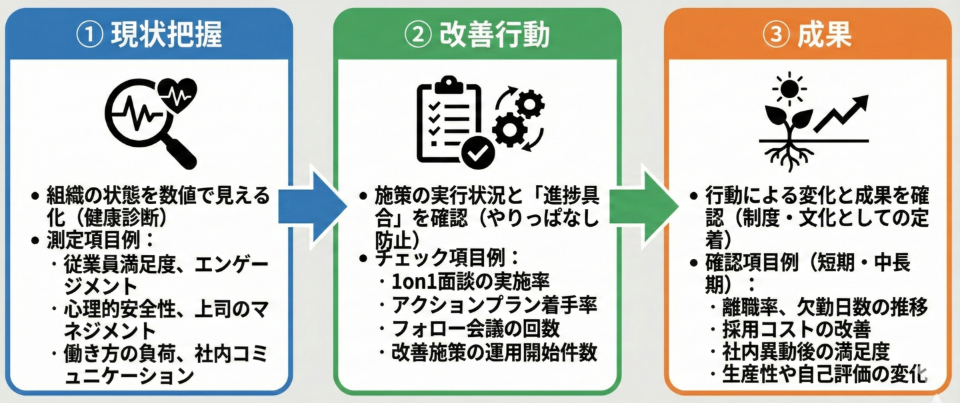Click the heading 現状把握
[167, 35]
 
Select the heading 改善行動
[494, 35]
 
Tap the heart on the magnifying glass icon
[179, 93]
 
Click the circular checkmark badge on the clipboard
[477, 152]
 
